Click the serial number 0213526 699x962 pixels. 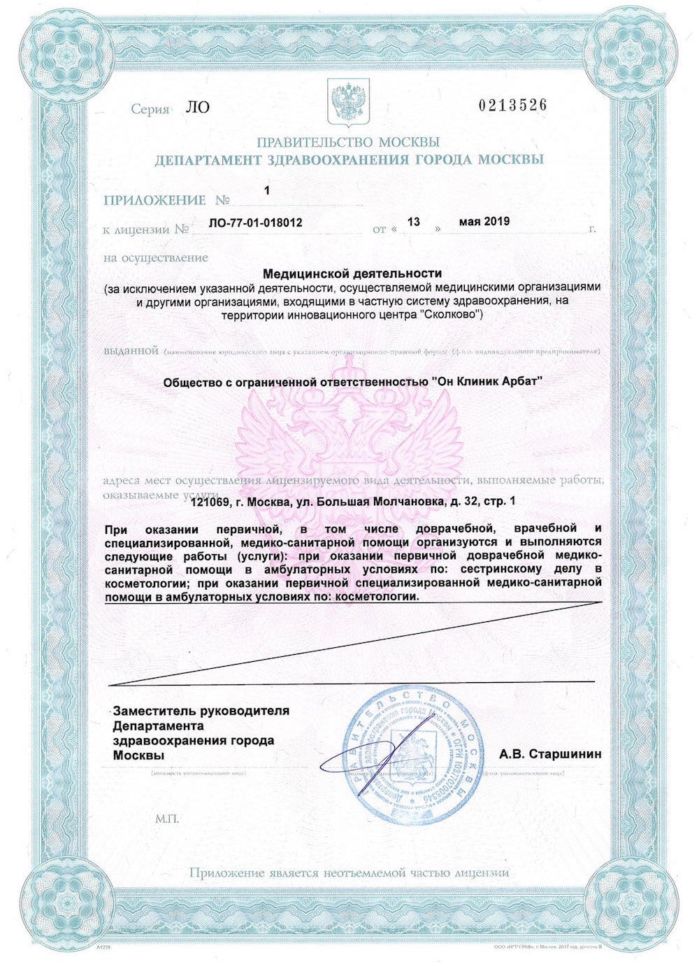coord(512,105)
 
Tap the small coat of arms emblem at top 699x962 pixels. coord(348,102)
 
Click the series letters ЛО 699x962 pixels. coord(198,108)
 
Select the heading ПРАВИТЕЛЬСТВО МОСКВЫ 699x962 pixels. coord(348,142)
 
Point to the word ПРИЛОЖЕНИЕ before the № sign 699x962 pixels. coord(154,201)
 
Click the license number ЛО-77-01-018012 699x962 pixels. coord(256,222)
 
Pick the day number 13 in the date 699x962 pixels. coord(414,222)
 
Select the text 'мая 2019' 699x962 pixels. coord(484,222)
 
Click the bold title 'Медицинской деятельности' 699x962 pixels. coord(352,274)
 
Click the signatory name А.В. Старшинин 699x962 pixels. coord(550,754)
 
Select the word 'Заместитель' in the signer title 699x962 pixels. coord(154,711)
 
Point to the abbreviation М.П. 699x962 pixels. coord(167,819)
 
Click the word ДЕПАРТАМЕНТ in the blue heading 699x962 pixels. coord(208,160)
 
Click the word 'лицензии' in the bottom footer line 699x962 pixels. coord(482,873)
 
